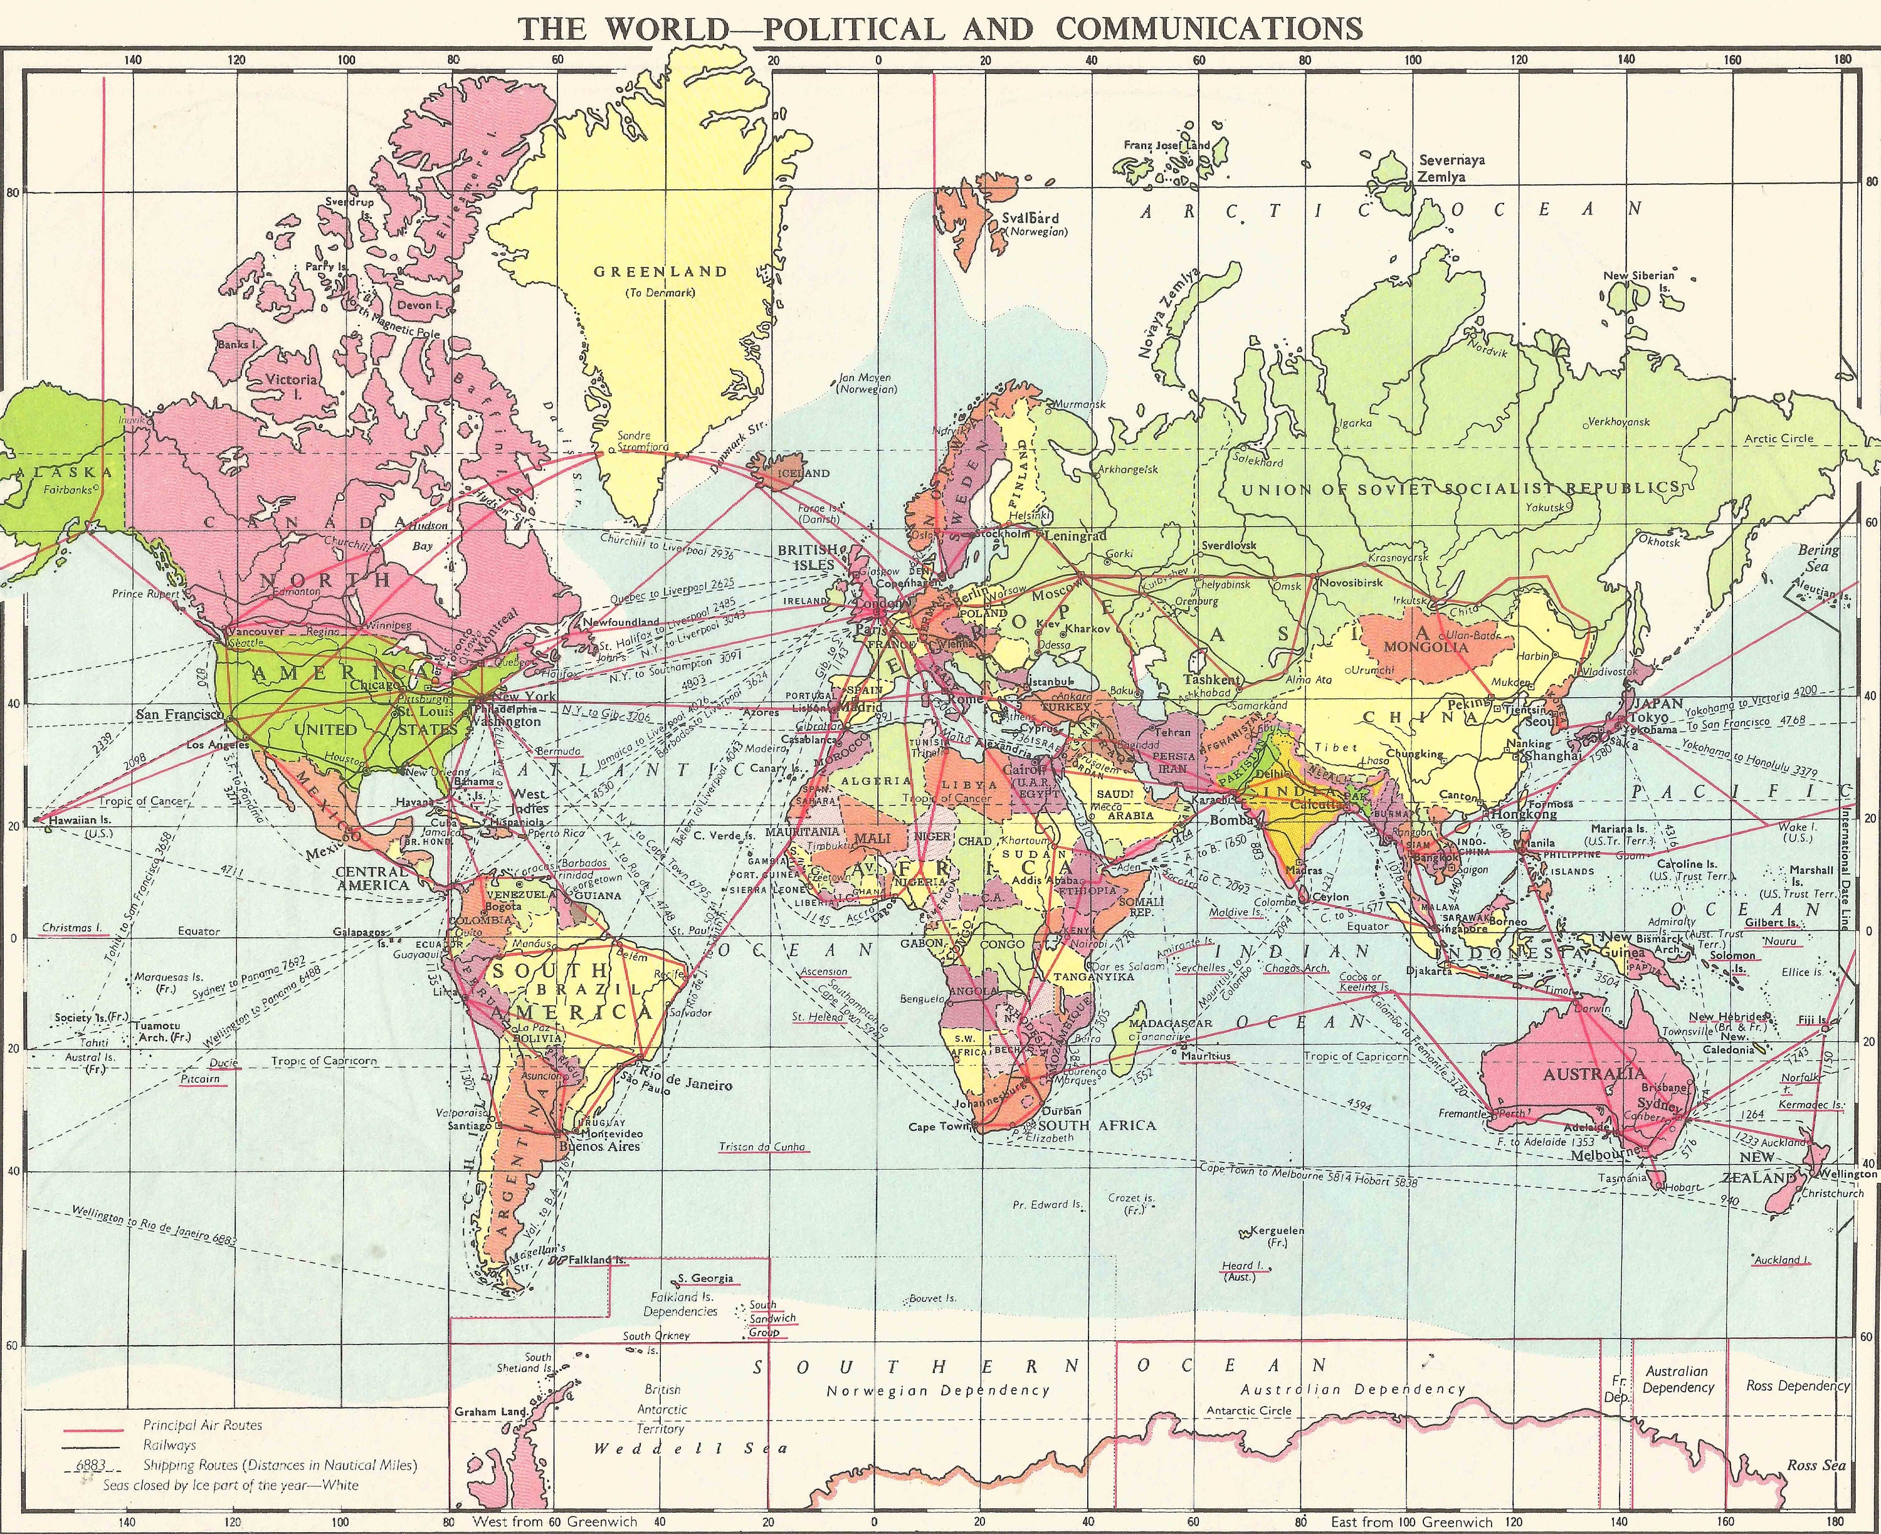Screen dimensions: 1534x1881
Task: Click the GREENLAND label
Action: [660, 272]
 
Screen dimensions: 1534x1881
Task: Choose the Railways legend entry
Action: [170, 1446]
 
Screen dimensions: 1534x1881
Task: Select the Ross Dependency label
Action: [1797, 1385]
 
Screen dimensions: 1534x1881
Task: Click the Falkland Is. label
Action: [597, 1260]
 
